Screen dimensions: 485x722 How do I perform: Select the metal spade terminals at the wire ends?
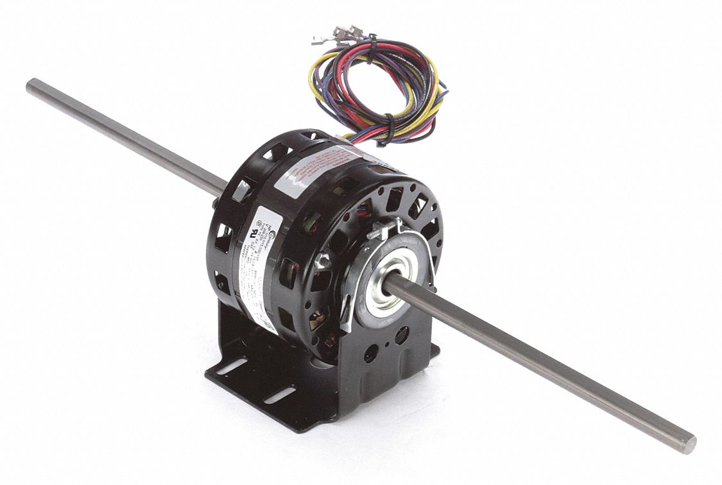coord(337,35)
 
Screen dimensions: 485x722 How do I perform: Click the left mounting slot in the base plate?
coord(231,366)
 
